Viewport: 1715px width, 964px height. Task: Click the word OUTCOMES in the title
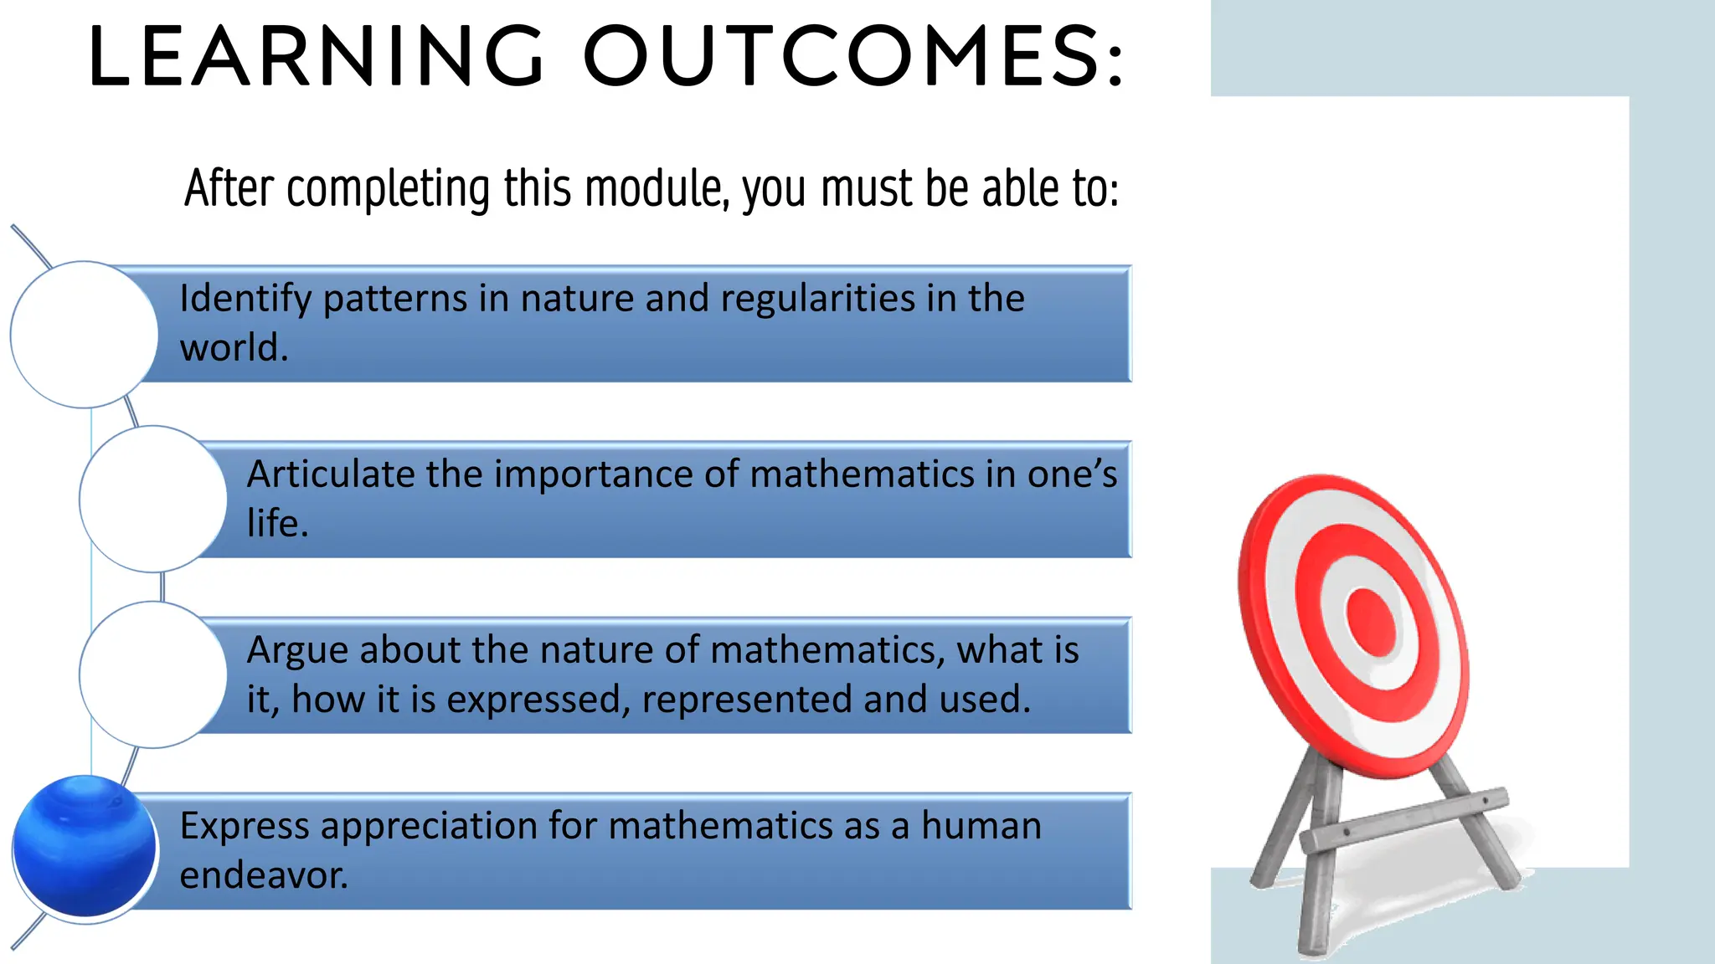pyautogui.click(x=854, y=57)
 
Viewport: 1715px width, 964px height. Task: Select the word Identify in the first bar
pyautogui.click(x=245, y=300)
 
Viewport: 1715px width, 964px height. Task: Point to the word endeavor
pyautogui.click(x=264, y=875)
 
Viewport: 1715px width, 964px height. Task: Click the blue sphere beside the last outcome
pyautogui.click(x=85, y=846)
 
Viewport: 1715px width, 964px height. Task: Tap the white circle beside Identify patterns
pyautogui.click(x=84, y=335)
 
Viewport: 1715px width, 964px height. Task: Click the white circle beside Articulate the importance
pyautogui.click(x=153, y=500)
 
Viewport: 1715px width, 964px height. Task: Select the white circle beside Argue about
pyautogui.click(x=153, y=675)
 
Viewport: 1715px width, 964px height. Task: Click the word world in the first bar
pyautogui.click(x=233, y=348)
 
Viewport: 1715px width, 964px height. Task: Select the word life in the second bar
pyautogui.click(x=276, y=523)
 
